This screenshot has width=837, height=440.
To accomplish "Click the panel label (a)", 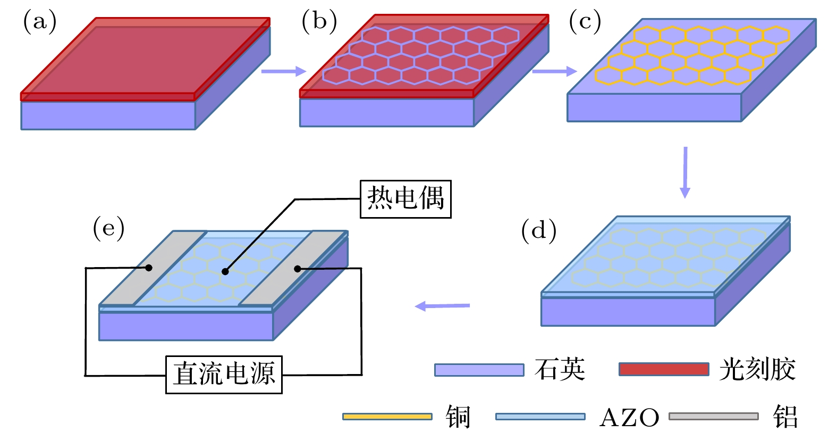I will pyautogui.click(x=39, y=22).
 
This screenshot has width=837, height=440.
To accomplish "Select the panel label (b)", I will pyautogui.click(x=319, y=22).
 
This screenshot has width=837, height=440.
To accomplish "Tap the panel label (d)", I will pyautogui.click(x=539, y=231).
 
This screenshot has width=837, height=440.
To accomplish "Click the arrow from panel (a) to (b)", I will pyautogui.click(x=284, y=71).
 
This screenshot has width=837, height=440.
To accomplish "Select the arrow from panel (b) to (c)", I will pyautogui.click(x=554, y=71).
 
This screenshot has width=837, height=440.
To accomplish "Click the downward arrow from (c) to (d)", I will pyautogui.click(x=685, y=172).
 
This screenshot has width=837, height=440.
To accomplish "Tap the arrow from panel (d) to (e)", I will pyautogui.click(x=442, y=306).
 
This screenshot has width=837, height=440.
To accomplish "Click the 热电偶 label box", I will pyautogui.click(x=405, y=199).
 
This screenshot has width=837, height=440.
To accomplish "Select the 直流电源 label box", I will pyautogui.click(x=224, y=375).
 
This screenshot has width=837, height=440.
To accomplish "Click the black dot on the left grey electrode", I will pyautogui.click(x=149, y=268).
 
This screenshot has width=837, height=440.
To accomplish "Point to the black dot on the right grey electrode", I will pyautogui.click(x=298, y=269).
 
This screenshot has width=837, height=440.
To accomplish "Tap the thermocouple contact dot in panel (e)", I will pyautogui.click(x=225, y=271).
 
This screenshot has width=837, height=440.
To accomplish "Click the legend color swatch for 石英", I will pyautogui.click(x=479, y=370).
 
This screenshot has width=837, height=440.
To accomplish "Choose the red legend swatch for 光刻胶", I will pyautogui.click(x=664, y=369).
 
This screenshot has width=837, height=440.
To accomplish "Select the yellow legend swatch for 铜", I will pyautogui.click(x=387, y=417).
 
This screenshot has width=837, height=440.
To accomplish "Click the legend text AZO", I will pyautogui.click(x=629, y=418).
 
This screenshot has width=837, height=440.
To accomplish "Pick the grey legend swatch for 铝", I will pyautogui.click(x=713, y=417).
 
